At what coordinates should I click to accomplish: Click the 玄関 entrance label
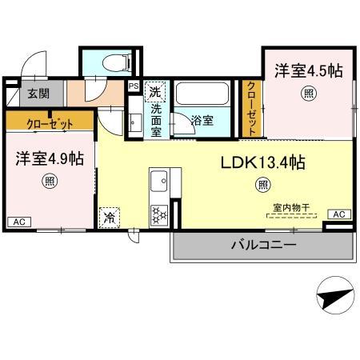pyautogui.click(x=38, y=93)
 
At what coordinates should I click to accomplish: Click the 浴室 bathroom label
pyautogui.click(x=202, y=121)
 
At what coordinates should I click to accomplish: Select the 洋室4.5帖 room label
pyautogui.click(x=309, y=70)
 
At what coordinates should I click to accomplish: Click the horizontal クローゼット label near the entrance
pyautogui.click(x=50, y=122)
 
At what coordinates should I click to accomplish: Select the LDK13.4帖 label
pyautogui.click(x=262, y=162)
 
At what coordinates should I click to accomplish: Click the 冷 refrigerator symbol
pyautogui.click(x=107, y=215)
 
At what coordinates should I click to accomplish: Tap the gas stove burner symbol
pyautogui.click(x=158, y=214)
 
